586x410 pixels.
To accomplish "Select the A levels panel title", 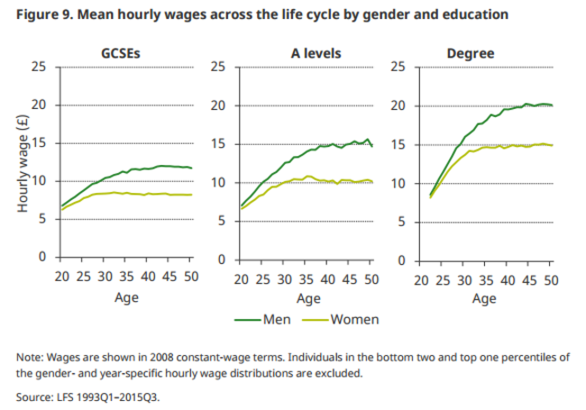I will tap(307, 53).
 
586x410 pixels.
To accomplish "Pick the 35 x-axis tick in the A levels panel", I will tap(307, 279).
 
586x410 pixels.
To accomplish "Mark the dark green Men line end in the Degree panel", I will tap(552, 105).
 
